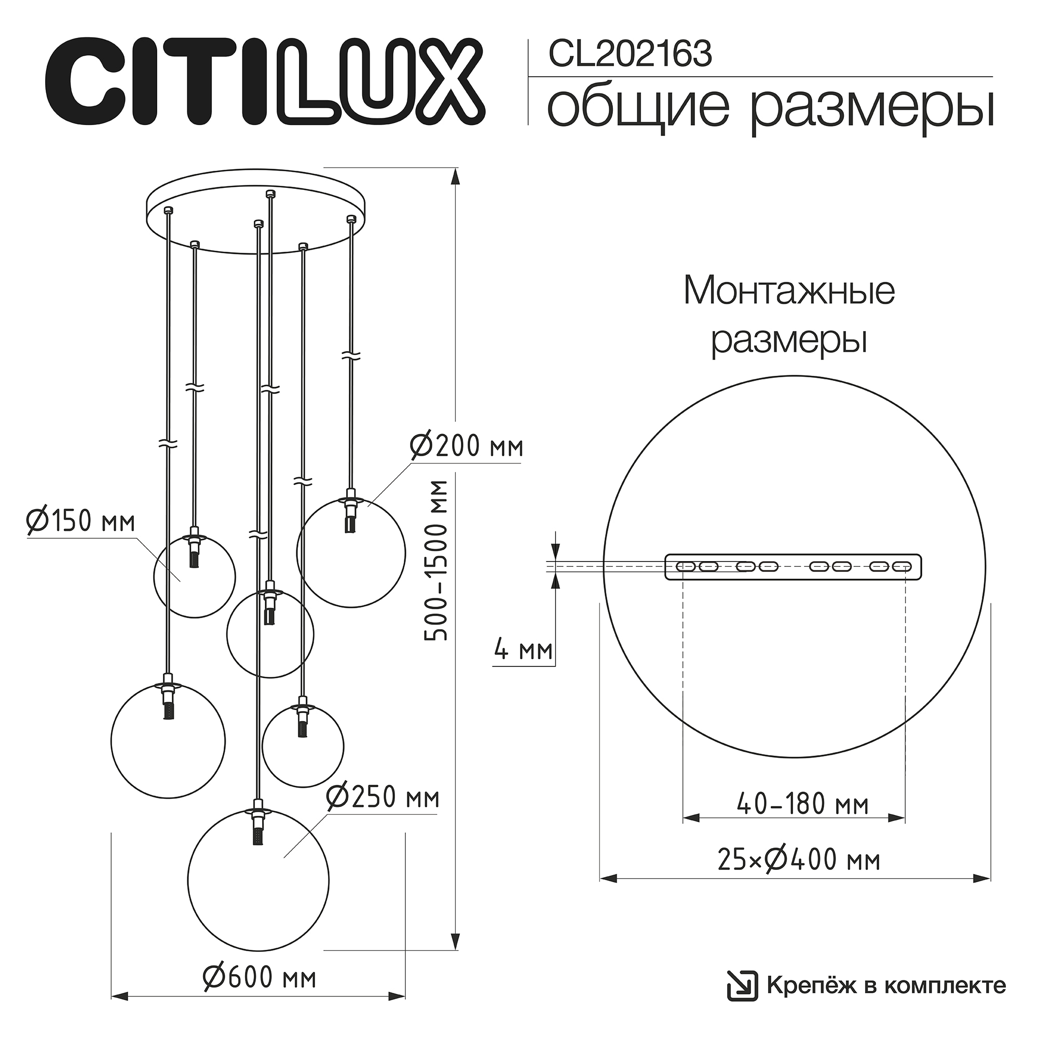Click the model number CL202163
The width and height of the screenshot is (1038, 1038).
point(630,55)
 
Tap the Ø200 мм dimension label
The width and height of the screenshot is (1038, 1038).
point(465,446)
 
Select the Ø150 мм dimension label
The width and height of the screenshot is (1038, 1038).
point(81,521)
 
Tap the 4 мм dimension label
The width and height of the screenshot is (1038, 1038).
point(523,651)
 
